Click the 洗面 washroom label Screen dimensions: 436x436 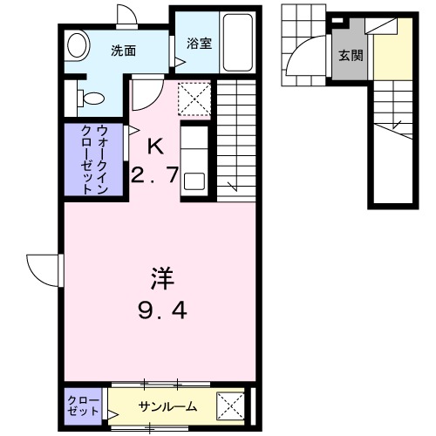(123, 51)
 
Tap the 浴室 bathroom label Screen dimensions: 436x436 (194, 43)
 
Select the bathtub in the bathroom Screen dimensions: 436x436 (235, 44)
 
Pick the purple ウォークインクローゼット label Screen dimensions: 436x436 (93, 160)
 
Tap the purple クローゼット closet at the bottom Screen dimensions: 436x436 (85, 405)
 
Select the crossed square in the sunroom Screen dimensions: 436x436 (229, 405)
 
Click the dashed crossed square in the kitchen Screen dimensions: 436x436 (194, 98)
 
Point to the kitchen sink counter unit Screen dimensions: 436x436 (194, 159)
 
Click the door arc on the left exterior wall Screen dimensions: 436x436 (44, 265)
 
